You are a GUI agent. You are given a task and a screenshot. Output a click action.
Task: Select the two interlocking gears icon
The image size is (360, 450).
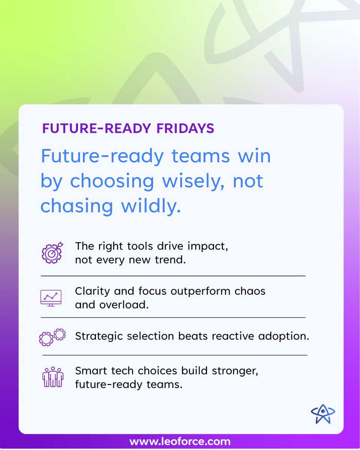pyautogui.click(x=52, y=336)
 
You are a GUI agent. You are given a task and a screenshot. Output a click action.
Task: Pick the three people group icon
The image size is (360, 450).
pyautogui.click(x=52, y=377)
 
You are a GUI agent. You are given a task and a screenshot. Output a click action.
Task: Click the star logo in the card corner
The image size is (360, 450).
pyautogui.click(x=323, y=414)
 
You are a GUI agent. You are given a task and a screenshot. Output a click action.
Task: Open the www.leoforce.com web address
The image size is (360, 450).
pyautogui.click(x=180, y=442)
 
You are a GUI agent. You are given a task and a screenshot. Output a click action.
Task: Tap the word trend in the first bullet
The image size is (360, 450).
pyautogui.click(x=170, y=259)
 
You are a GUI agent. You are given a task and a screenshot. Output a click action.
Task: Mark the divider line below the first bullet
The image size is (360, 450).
pyautogui.click(x=173, y=276)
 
